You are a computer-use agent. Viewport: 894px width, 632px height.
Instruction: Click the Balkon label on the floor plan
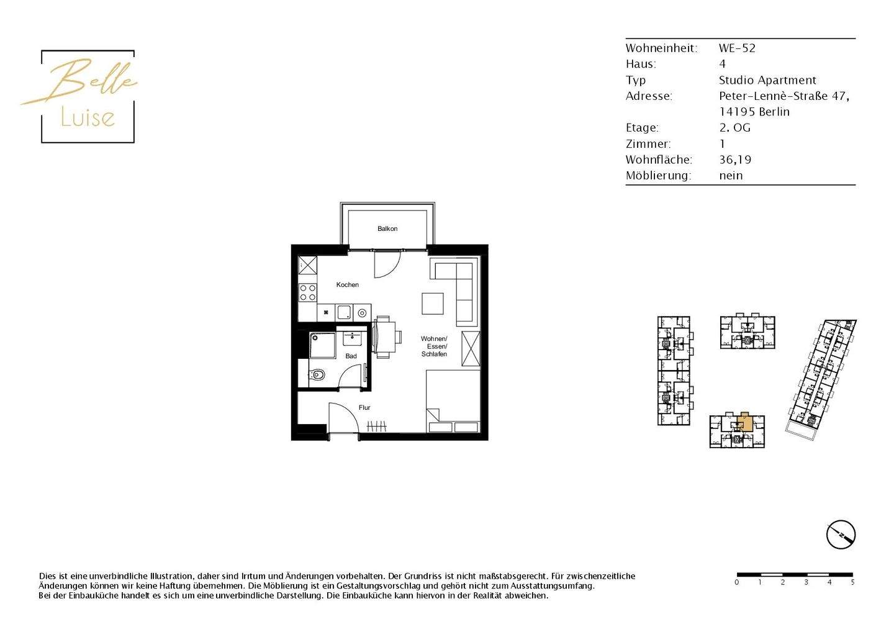pyautogui.click(x=387, y=228)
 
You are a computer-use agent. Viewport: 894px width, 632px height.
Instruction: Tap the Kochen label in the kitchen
pyautogui.click(x=348, y=285)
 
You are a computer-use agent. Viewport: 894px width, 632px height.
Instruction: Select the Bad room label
pyautogui.click(x=351, y=356)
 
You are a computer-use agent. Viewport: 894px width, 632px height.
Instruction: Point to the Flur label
pyautogui.click(x=364, y=408)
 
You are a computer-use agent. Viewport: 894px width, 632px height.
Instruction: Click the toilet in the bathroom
pyautogui.click(x=317, y=375)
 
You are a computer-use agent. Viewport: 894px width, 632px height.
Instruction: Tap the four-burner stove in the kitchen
pyautogui.click(x=308, y=292)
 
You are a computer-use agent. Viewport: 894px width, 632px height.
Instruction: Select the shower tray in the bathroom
pyautogui.click(x=322, y=346)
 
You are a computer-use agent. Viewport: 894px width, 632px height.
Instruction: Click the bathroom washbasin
pyautogui.click(x=353, y=339)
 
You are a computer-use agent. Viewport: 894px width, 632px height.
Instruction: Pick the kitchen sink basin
pyautogui.click(x=344, y=312)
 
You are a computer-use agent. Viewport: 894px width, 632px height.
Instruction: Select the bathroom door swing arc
pyautogui.click(x=351, y=376)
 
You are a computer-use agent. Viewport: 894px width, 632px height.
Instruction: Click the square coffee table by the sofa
pyautogui.click(x=433, y=304)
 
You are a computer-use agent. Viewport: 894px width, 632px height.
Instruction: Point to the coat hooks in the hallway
pyautogui.click(x=377, y=426)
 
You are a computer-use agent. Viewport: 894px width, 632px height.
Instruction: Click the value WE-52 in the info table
pyautogui.click(x=737, y=48)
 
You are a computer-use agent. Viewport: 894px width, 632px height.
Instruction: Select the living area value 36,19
pyautogui.click(x=735, y=160)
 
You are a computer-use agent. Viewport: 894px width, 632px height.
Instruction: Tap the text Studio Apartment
pyautogui.click(x=767, y=80)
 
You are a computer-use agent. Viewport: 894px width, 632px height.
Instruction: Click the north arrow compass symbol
pyautogui.click(x=841, y=535)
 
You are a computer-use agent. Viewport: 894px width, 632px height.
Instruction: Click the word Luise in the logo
pyautogui.click(x=88, y=117)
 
